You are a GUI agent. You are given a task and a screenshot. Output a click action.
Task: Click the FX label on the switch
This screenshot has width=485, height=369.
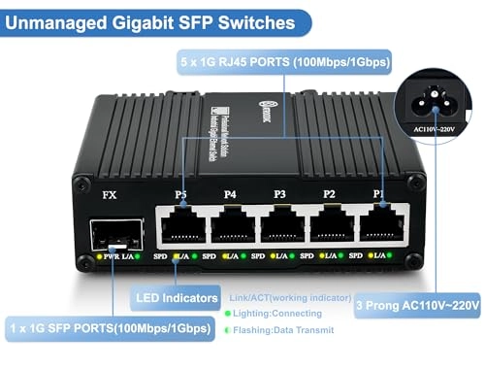tap(110, 194)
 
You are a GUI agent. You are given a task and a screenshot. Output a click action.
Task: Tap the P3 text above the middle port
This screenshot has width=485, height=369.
tap(279, 194)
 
